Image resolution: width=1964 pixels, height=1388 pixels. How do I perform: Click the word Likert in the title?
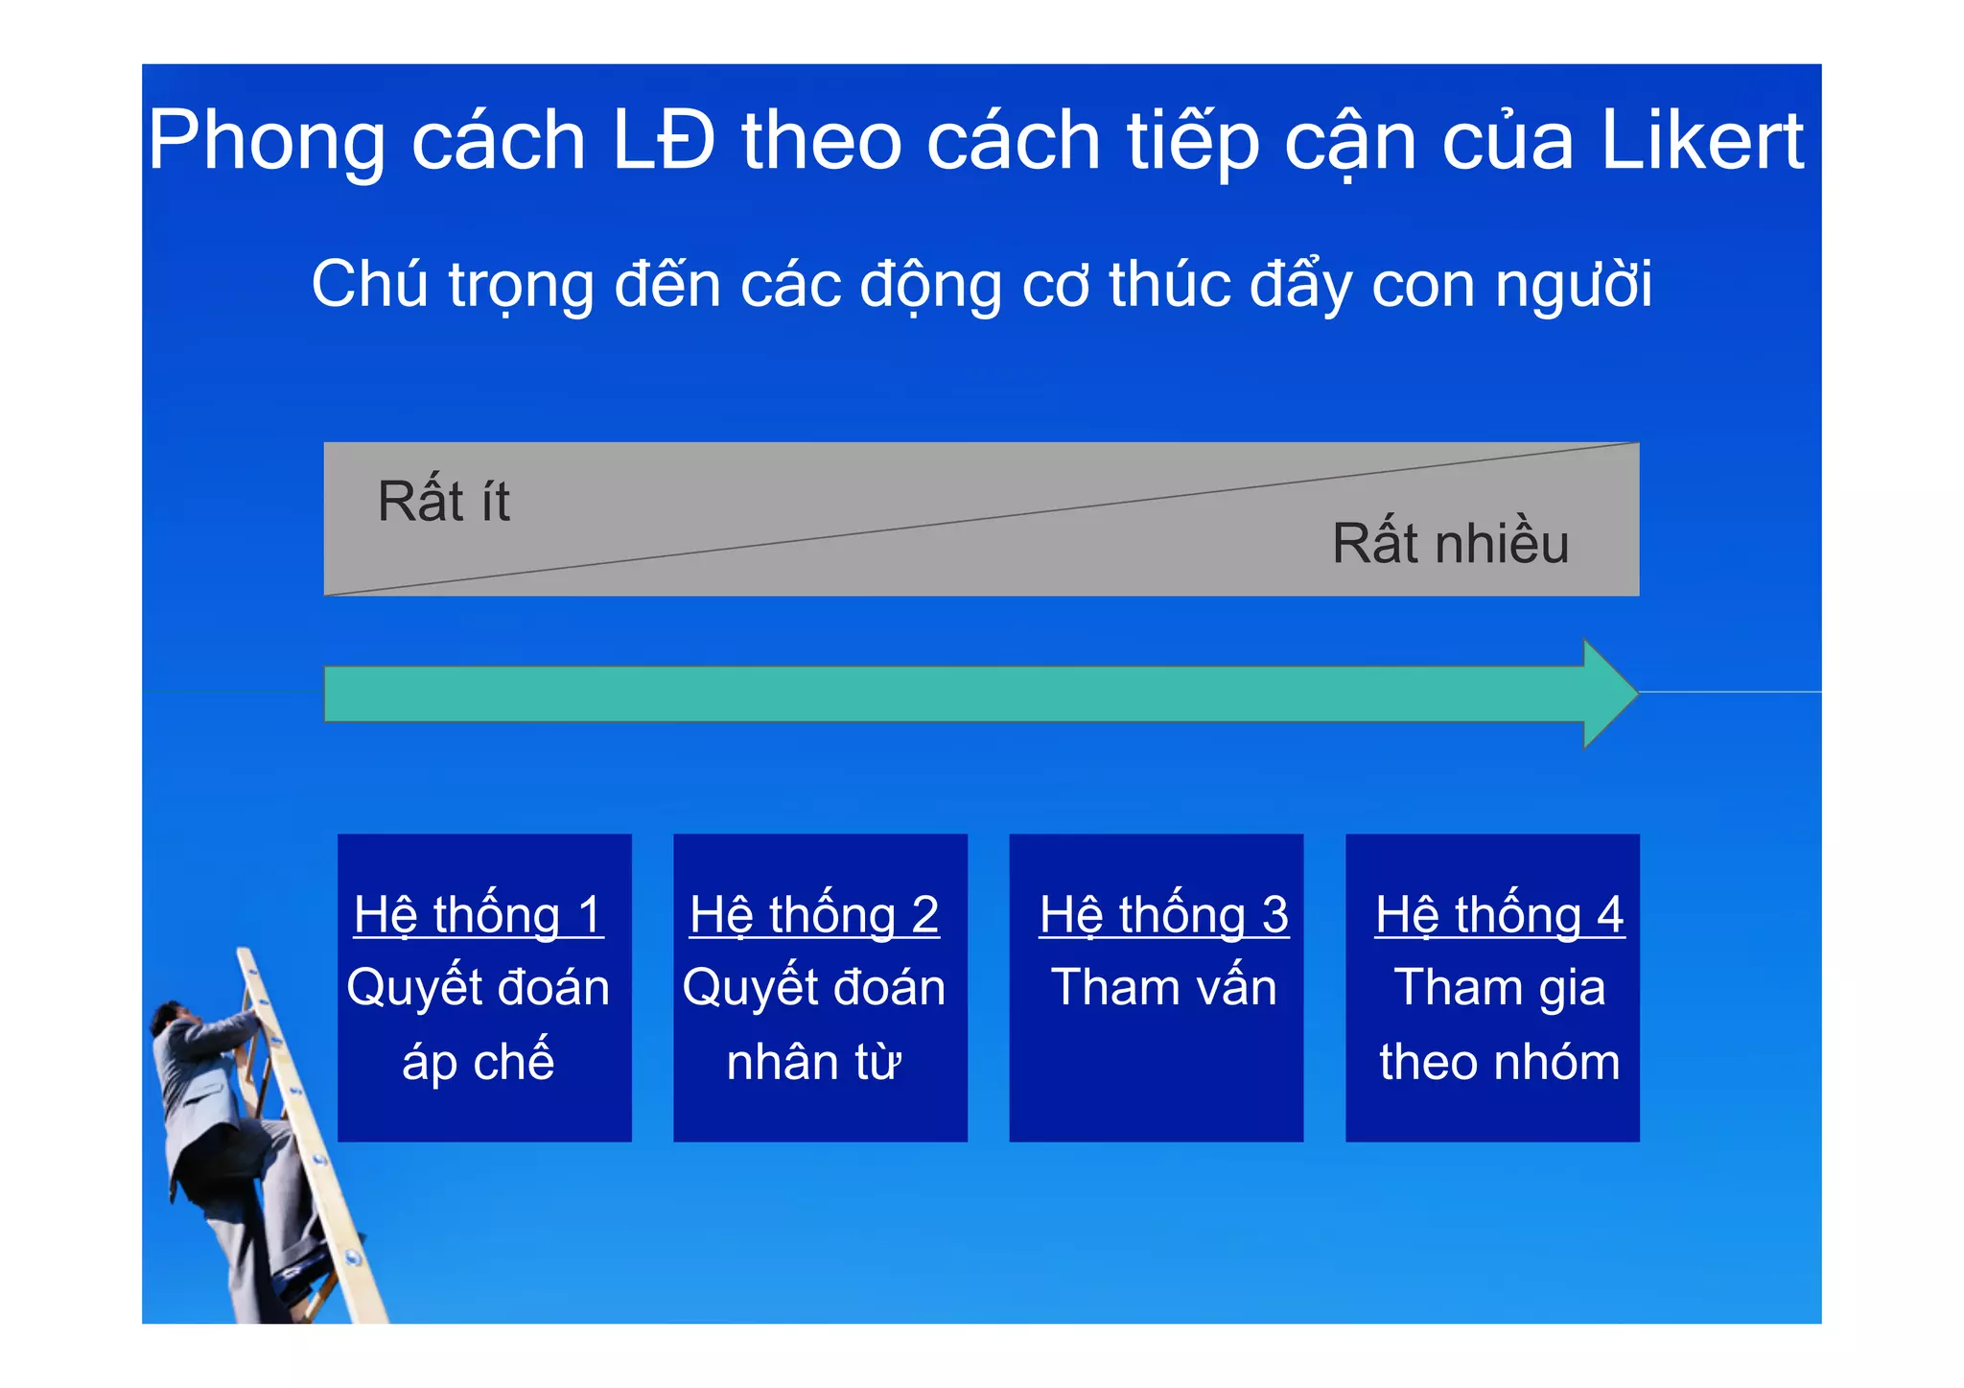click(x=1703, y=141)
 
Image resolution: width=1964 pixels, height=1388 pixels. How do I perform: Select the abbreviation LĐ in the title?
click(x=663, y=141)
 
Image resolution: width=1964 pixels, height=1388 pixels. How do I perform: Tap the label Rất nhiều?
click(x=1450, y=543)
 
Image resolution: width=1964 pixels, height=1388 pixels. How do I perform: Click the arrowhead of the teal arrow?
click(x=1608, y=694)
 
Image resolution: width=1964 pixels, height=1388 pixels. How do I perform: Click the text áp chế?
click(x=478, y=1062)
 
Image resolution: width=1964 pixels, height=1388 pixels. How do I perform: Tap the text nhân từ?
click(x=814, y=1062)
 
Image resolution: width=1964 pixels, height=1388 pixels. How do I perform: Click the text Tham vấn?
click(x=1164, y=987)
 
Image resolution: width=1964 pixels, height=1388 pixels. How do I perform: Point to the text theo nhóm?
click(x=1500, y=1062)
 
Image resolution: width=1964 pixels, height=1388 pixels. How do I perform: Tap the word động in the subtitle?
click(x=930, y=287)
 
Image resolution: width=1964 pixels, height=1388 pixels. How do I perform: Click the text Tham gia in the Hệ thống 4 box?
click(x=1500, y=988)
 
